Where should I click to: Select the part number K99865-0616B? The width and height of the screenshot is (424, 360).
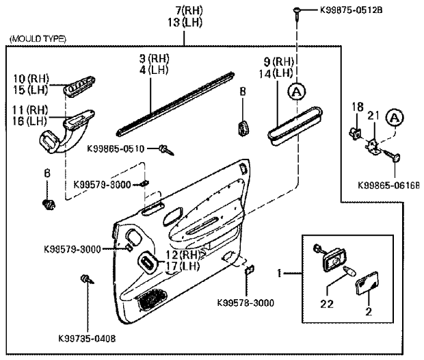tap(389, 184)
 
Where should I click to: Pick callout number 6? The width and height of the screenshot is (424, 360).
tap(47, 174)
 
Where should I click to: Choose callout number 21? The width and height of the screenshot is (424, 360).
tap(372, 114)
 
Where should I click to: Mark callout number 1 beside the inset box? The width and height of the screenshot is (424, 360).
tap(278, 273)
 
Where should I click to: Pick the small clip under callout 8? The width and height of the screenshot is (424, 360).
tap(243, 127)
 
